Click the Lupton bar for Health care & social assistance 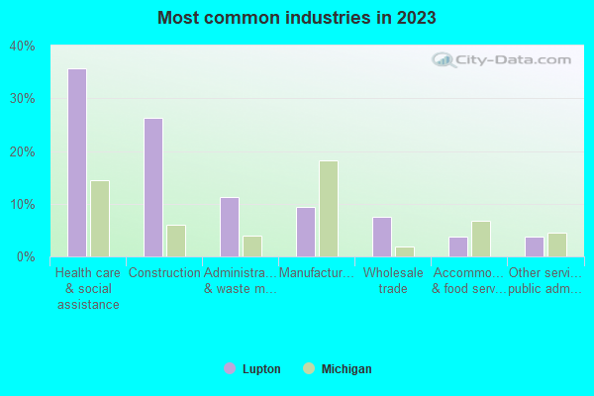(x=76, y=162)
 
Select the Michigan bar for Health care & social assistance (x=100, y=219)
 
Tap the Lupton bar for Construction (x=152, y=187)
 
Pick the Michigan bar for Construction (x=176, y=241)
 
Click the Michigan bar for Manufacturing (x=329, y=209)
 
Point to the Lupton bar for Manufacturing (x=305, y=232)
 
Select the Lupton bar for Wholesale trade (x=381, y=237)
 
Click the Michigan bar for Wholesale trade (x=405, y=251)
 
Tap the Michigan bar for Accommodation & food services (x=481, y=239)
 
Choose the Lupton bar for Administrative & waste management (x=229, y=227)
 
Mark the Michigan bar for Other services (x=557, y=245)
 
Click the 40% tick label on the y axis (x=22, y=47)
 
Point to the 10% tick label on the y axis (x=22, y=205)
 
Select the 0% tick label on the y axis (x=25, y=257)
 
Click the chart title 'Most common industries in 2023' (x=297, y=18)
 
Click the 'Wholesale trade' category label (x=393, y=281)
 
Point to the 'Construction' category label (x=164, y=273)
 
